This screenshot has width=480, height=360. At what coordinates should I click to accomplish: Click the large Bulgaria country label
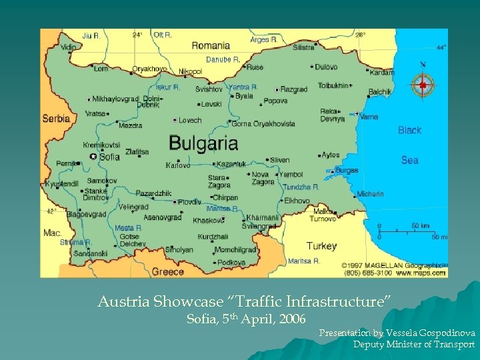coord(203,143)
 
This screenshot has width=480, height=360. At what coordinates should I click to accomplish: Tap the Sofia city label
coord(109,157)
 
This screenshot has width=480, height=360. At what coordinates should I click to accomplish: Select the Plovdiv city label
coord(189,202)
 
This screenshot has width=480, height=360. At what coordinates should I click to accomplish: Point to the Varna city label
coord(369,117)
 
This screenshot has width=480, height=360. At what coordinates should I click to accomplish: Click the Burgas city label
coord(347,171)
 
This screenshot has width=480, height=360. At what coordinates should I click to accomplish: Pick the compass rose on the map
coord(422,84)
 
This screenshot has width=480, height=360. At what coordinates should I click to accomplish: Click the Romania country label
coord(211,46)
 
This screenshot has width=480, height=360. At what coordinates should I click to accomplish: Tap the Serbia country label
coord(56,119)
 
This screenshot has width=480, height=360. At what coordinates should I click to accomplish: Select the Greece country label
coord(168,271)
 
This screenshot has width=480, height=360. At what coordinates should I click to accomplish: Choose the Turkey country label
coord(321,246)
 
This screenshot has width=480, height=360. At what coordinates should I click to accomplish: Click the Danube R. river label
coord(223,59)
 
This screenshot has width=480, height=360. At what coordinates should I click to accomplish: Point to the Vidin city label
coord(69,47)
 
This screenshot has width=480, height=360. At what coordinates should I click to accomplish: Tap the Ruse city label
coord(255,67)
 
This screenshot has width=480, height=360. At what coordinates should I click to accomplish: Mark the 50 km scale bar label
coord(420,226)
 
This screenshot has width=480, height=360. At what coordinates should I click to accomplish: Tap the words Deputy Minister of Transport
coord(413,345)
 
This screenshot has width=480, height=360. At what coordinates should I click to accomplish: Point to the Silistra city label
coord(303,47)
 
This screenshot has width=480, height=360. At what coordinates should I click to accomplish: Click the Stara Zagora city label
coord(217,182)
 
